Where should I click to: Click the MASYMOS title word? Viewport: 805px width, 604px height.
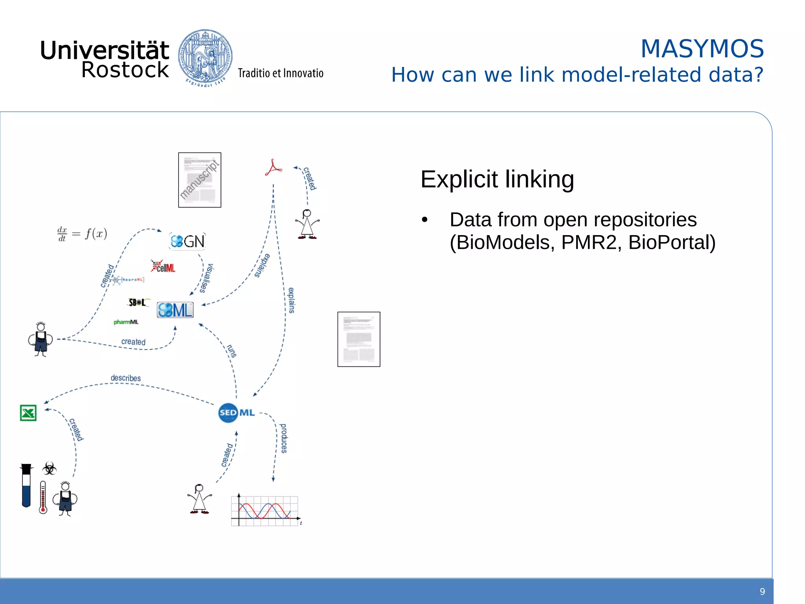tap(702, 49)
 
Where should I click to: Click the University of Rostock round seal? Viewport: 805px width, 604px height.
tap(205, 57)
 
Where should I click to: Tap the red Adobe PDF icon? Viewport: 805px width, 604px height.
tap(273, 168)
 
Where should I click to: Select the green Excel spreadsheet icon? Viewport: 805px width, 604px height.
tap(28, 413)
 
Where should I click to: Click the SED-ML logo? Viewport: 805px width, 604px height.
tap(237, 412)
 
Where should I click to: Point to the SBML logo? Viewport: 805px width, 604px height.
tap(175, 310)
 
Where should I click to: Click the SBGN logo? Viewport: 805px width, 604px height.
tap(187, 241)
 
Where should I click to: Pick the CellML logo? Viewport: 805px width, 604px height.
tap(163, 266)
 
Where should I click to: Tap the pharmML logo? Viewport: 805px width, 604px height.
tap(126, 322)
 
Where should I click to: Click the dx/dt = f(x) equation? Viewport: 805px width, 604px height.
tap(82, 234)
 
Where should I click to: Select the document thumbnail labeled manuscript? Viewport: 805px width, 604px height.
tap(200, 180)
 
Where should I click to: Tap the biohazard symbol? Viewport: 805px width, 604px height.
tap(49, 468)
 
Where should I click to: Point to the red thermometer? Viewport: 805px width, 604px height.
tap(43, 497)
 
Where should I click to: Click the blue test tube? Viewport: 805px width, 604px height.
tap(26, 486)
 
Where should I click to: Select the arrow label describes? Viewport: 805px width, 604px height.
tap(125, 378)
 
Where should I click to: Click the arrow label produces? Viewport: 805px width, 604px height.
tap(283, 438)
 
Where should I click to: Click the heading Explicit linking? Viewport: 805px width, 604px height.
tap(497, 179)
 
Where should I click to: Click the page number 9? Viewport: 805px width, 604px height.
tap(762, 591)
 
